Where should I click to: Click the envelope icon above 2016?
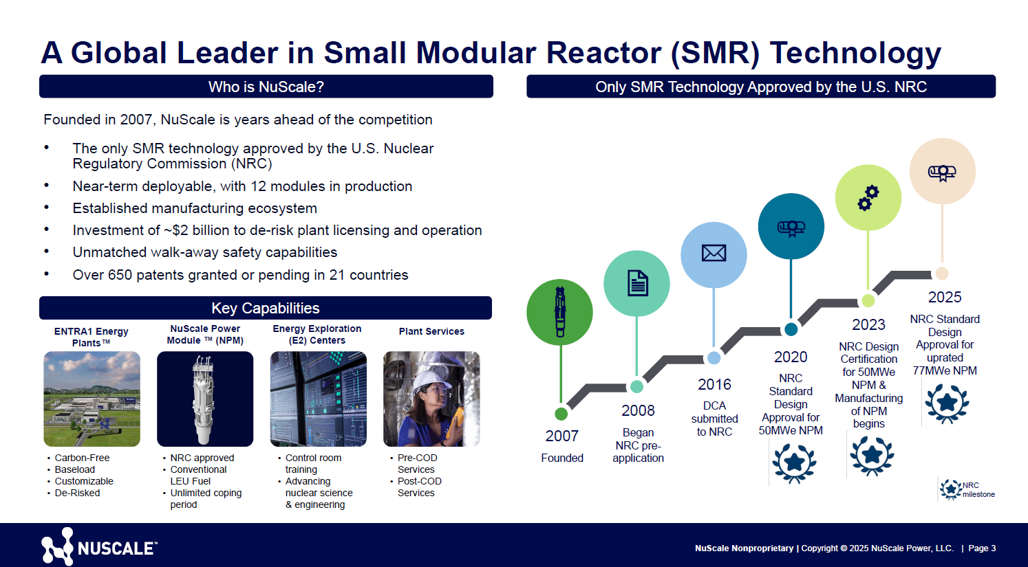tap(714, 254)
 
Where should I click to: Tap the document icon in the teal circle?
tap(637, 283)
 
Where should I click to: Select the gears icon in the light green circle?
tap(868, 197)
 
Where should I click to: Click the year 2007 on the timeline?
tap(561, 436)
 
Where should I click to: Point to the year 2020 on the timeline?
tap(791, 357)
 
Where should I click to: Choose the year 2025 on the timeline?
tap(945, 297)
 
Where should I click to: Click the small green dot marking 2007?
tap(561, 414)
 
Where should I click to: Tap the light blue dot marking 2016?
tap(714, 358)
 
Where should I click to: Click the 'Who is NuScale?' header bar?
tap(266, 87)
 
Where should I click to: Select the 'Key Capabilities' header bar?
tap(266, 308)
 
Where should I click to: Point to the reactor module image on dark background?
tap(205, 399)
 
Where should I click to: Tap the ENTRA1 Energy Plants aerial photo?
tap(92, 399)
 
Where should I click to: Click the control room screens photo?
tap(319, 399)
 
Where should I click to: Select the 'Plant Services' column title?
tap(431, 331)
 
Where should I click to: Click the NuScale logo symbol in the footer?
tap(57, 546)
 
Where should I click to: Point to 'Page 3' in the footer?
tap(982, 548)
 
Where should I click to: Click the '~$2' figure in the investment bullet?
tap(175, 230)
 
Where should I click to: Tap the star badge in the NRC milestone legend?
tap(951, 489)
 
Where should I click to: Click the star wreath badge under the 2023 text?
tap(872, 455)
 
